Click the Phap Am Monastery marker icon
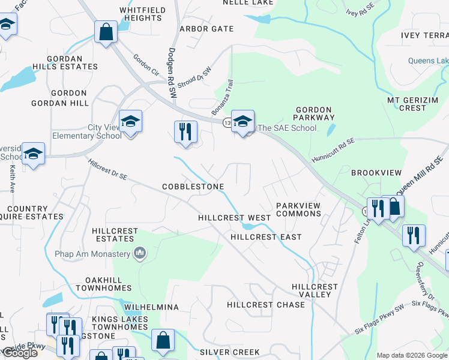[140, 254]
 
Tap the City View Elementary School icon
[130, 122]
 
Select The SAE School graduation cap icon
[243, 122]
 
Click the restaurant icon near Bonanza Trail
[185, 131]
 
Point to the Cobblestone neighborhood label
[193, 187]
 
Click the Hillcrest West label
[235, 218]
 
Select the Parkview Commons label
[298, 210]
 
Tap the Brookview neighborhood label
[376, 173]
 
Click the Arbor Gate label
[206, 29]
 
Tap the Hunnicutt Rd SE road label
[333, 150]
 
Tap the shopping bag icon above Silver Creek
[163, 340]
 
